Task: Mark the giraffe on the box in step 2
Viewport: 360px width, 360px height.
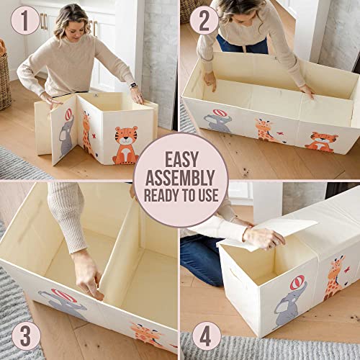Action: click(x=264, y=130)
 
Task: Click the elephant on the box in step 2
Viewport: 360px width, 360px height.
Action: click(x=218, y=121)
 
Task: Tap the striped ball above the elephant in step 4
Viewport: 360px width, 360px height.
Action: click(x=297, y=284)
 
